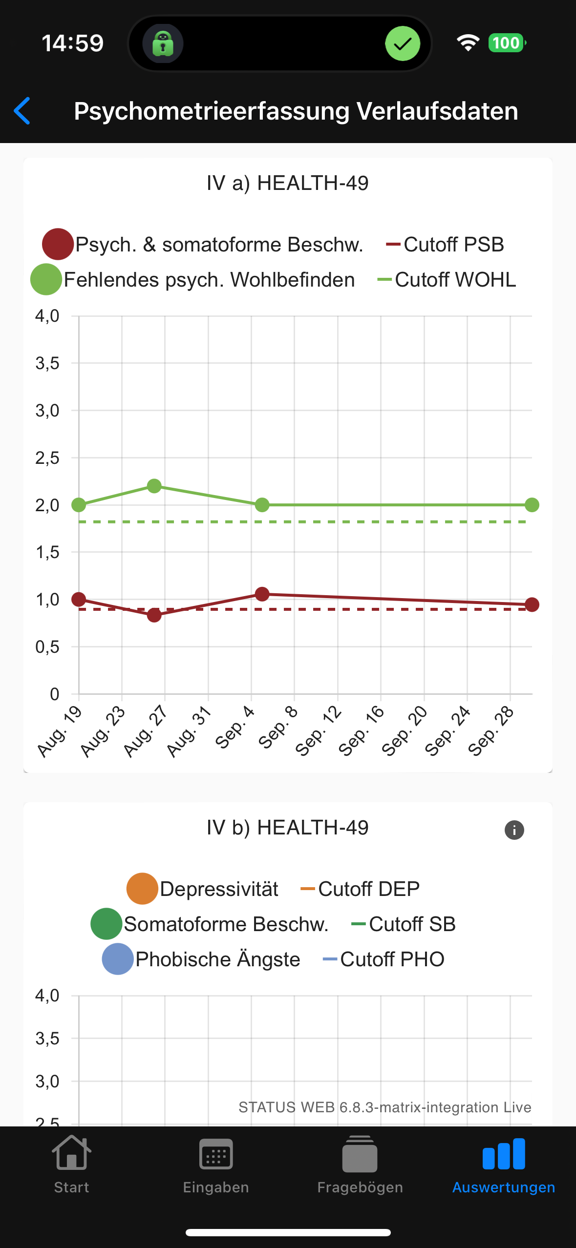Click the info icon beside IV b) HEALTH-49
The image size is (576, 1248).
pos(514,830)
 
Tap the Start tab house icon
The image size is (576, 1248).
pos(71,1153)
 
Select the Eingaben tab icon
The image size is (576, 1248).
pos(216,1154)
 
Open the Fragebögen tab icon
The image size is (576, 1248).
pos(360,1154)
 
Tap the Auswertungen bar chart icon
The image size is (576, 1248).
pos(504,1154)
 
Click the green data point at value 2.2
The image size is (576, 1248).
pos(154,486)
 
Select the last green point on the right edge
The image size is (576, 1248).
pos(532,505)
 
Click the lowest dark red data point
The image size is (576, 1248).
pos(154,615)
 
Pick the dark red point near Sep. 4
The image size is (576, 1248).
pos(262,594)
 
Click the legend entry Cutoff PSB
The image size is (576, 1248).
pos(446,244)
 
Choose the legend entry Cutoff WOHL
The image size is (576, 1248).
pos(447,280)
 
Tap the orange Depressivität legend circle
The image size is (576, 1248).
pos(142,889)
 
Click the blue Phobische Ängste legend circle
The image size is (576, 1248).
pos(118,959)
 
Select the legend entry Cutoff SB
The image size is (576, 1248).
pos(404,924)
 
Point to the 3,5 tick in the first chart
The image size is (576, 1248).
pos(47,363)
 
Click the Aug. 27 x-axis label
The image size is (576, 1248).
pos(145,731)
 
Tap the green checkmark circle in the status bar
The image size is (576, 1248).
pos(403,43)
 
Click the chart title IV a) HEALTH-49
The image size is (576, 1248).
pos(288,183)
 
